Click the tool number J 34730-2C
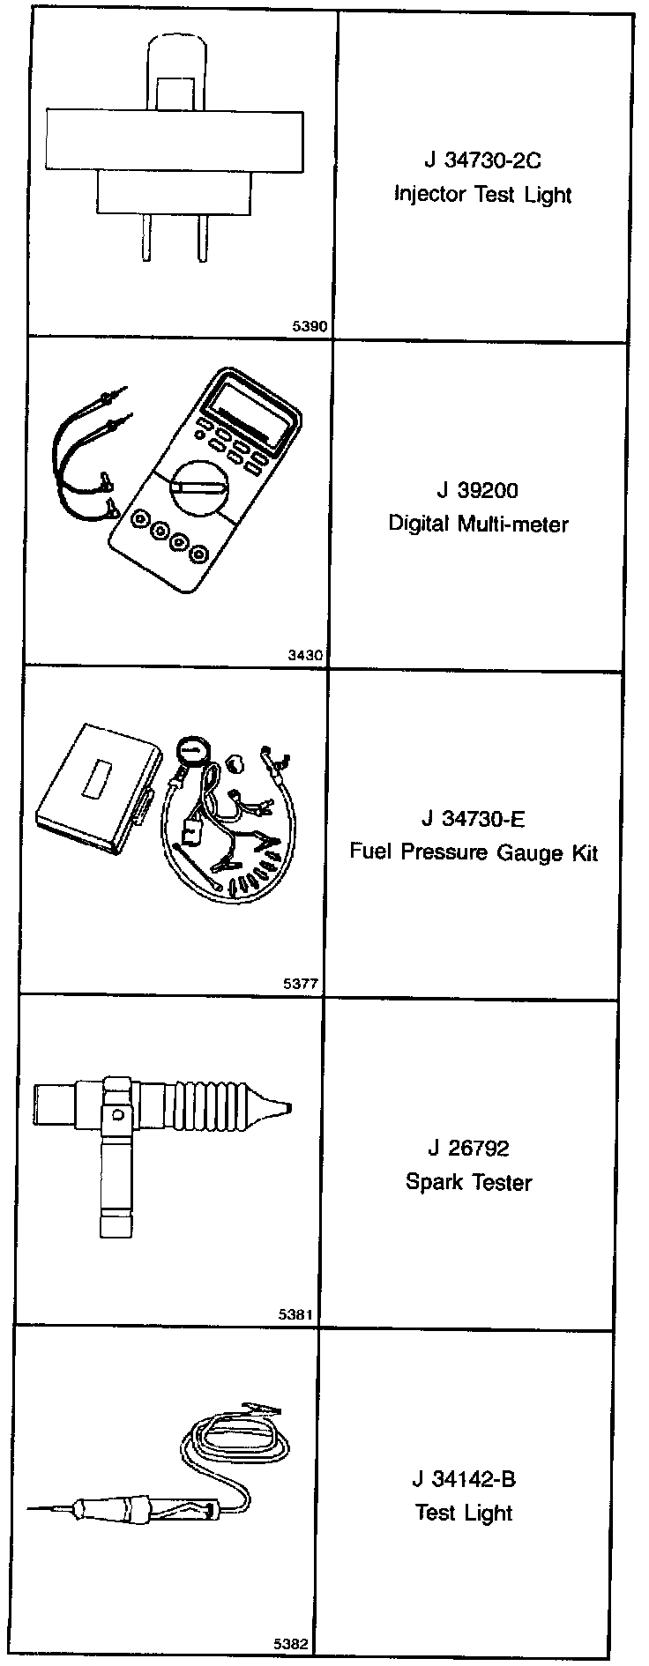tap(481, 161)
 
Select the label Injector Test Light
tap(482, 195)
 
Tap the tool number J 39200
tap(477, 490)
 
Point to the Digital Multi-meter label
tap(478, 524)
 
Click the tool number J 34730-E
tap(473, 819)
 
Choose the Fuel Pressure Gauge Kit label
tap(474, 852)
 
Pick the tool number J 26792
tap(468, 1148)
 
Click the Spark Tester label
tap(468, 1181)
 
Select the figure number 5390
tap(310, 326)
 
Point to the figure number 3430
tap(305, 655)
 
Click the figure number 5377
tap(301, 984)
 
